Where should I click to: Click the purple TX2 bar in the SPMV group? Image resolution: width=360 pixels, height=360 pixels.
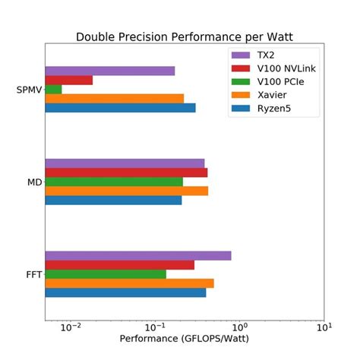point(109,71)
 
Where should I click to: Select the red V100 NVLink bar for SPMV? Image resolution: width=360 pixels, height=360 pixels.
point(68,80)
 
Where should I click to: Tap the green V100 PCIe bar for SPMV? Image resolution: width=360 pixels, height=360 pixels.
point(53,89)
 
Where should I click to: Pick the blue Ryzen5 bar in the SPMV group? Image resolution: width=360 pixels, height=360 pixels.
point(120,107)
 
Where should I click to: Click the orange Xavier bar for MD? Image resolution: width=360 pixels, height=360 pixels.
point(126,191)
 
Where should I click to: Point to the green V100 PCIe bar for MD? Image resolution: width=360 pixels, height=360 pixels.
point(114,182)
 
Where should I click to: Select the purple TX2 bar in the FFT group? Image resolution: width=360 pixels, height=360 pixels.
point(137,256)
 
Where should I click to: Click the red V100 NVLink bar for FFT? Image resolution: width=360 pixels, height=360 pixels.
point(119,265)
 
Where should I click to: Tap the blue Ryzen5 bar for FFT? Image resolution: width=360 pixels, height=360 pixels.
point(125,292)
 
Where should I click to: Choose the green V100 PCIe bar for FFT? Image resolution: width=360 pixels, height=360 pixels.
point(106,274)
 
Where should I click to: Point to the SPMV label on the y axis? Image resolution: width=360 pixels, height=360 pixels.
point(28,90)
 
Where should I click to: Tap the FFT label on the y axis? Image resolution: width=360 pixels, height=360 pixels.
point(33,274)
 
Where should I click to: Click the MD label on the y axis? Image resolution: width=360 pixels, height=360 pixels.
point(34,182)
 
